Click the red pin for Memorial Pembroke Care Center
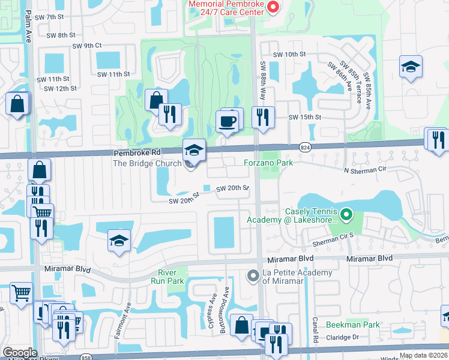click(x=273, y=7)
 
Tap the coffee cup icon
click(x=227, y=122)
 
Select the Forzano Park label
click(x=268, y=163)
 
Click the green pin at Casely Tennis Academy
click(x=346, y=214)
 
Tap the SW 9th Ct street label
click(x=87, y=46)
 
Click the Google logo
click(x=19, y=353)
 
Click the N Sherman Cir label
click(x=365, y=170)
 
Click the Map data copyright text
click(x=424, y=356)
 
